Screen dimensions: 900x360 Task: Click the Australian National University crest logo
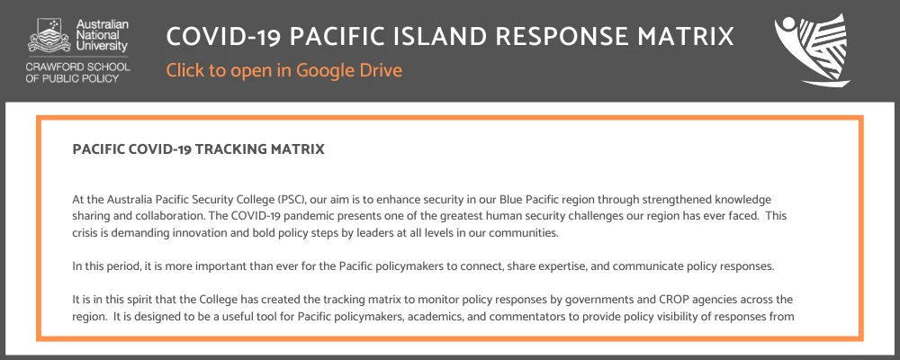[x=49, y=35]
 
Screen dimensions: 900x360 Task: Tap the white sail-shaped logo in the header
[x=812, y=50]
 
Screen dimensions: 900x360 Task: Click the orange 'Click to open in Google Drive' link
[x=284, y=70]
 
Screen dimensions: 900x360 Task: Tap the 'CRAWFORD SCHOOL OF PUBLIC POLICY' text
[x=78, y=72]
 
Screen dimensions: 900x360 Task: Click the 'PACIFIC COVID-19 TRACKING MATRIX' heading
[x=199, y=149]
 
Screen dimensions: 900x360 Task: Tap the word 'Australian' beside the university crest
[x=103, y=24]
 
